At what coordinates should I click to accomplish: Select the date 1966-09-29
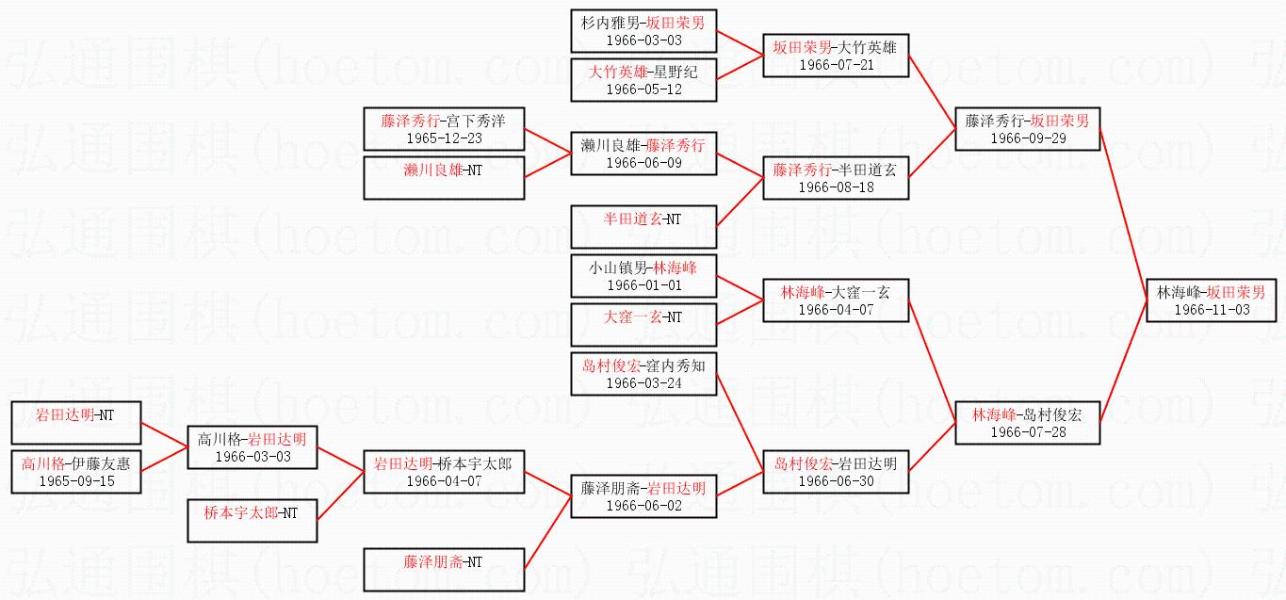[x=1027, y=138]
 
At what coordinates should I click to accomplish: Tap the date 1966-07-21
[x=836, y=64]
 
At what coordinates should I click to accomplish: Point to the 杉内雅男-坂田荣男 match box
[x=643, y=31]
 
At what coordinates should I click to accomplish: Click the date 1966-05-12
[x=643, y=89]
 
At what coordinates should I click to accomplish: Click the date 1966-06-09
[x=643, y=163]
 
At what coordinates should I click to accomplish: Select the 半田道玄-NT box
[x=643, y=226]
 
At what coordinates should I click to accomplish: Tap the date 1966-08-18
[x=836, y=187]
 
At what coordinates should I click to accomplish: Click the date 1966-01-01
[x=643, y=285]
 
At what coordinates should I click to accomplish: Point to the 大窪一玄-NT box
[x=643, y=324]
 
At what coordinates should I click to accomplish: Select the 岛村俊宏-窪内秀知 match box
[x=643, y=374]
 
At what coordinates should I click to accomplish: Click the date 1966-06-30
[x=836, y=481]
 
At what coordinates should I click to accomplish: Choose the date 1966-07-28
[x=1027, y=431]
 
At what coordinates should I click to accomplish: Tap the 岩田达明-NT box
[x=76, y=422]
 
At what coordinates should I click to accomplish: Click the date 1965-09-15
[x=76, y=480]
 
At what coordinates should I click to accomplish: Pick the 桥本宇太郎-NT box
[x=252, y=520]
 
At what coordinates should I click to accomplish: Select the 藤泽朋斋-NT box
[x=444, y=569]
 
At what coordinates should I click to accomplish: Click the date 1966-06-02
[x=643, y=506]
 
